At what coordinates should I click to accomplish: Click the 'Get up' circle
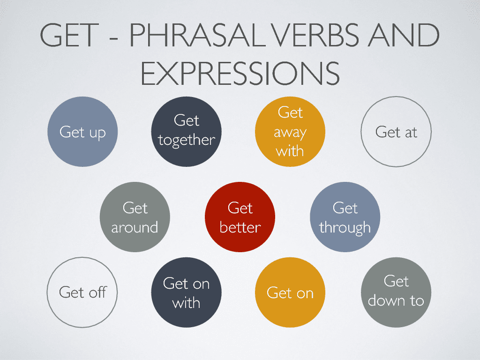click(x=83, y=132)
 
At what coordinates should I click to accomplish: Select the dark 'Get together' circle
click(x=187, y=132)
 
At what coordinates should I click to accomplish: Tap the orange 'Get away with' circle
click(x=290, y=132)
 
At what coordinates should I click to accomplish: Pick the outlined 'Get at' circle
click(x=396, y=132)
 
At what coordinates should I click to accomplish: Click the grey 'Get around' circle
click(x=135, y=217)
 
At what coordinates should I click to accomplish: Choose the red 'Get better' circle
click(x=240, y=217)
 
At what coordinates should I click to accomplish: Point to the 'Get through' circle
click(x=345, y=217)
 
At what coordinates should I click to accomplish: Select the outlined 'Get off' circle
click(x=82, y=292)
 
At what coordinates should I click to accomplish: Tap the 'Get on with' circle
click(x=186, y=292)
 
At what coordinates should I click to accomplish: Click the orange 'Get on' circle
click(x=290, y=292)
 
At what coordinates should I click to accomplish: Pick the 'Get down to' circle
click(x=396, y=292)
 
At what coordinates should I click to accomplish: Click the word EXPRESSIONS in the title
click(x=240, y=73)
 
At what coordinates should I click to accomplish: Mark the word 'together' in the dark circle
click(x=187, y=140)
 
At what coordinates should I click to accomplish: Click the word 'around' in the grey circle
click(x=135, y=227)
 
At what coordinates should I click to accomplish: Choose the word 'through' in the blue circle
click(x=345, y=228)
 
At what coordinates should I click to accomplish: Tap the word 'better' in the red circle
click(x=240, y=227)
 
